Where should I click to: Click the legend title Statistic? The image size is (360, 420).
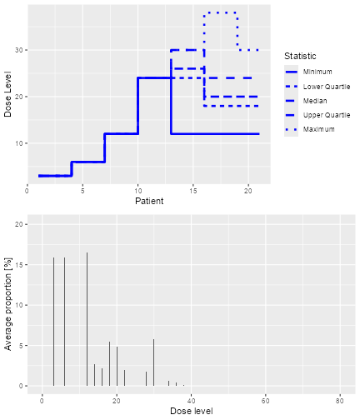click(300, 55)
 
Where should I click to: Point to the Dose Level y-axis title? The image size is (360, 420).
click(8, 97)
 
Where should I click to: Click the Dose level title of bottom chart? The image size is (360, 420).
click(191, 412)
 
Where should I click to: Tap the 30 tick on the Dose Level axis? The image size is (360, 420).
click(19, 50)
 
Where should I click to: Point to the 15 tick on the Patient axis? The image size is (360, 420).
click(193, 191)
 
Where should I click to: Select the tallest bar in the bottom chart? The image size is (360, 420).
click(87, 321)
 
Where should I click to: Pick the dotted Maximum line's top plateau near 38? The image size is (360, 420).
click(221, 12)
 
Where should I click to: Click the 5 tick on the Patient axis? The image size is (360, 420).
click(82, 191)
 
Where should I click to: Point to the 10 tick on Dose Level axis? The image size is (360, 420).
click(19, 143)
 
